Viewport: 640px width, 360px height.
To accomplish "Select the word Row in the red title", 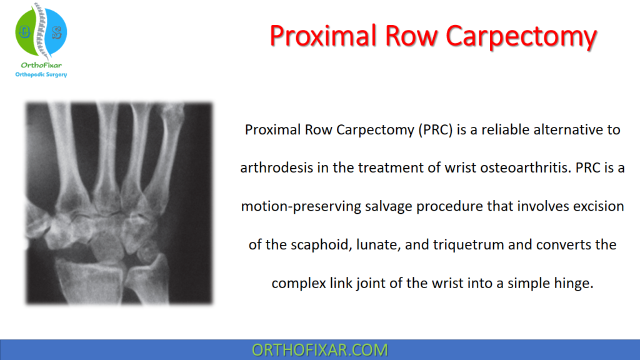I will coord(415,36).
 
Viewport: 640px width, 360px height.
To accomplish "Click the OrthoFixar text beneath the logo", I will coord(40,65).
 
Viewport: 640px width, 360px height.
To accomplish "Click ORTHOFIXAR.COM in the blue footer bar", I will coord(319,350).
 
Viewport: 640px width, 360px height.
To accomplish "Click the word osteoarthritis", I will coord(482,168).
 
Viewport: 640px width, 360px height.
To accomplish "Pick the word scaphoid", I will coord(323,244).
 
